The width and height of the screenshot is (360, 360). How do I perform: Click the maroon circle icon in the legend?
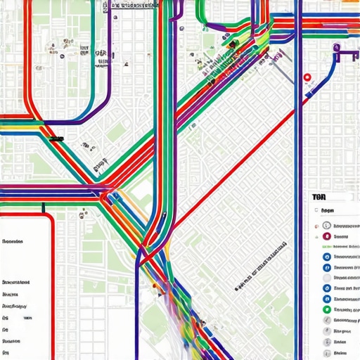click(x=327, y=236)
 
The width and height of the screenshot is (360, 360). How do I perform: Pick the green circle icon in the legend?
click(x=327, y=309)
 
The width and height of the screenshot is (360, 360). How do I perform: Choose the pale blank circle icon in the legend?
click(x=327, y=288)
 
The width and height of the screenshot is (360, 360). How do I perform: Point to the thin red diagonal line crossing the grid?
click(x=232, y=169)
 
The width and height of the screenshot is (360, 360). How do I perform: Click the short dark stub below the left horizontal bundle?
click(x=44, y=207)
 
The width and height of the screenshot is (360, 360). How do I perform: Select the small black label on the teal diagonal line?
click(x=56, y=139)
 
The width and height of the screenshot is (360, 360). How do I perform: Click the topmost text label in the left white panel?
click(x=13, y=241)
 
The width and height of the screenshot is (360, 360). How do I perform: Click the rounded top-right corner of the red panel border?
click(x=51, y=218)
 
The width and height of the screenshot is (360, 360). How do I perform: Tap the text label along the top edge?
click(x=134, y=5)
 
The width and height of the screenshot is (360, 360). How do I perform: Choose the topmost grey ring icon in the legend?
click(x=327, y=225)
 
